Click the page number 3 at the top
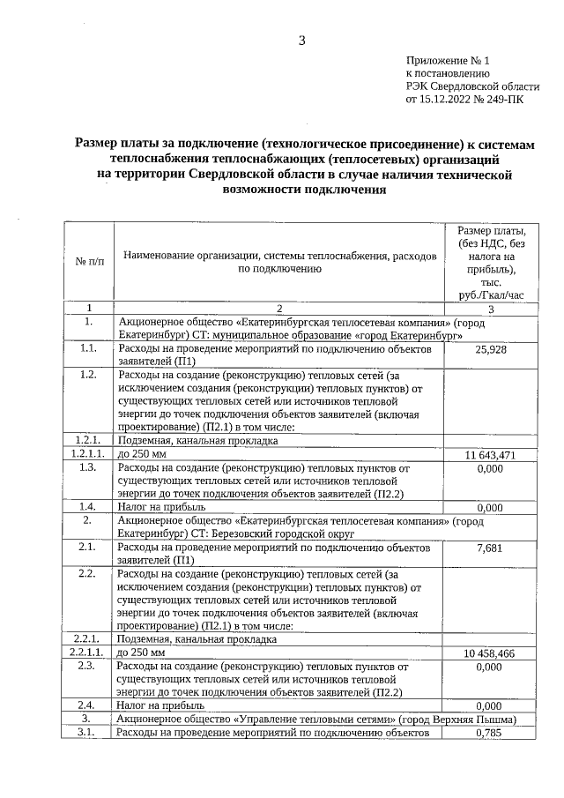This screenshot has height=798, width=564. point(301,41)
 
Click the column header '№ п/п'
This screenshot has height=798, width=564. point(89,262)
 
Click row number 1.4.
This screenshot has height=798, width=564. point(87,507)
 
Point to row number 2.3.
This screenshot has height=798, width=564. point(87,667)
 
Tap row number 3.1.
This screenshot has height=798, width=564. point(87,733)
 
